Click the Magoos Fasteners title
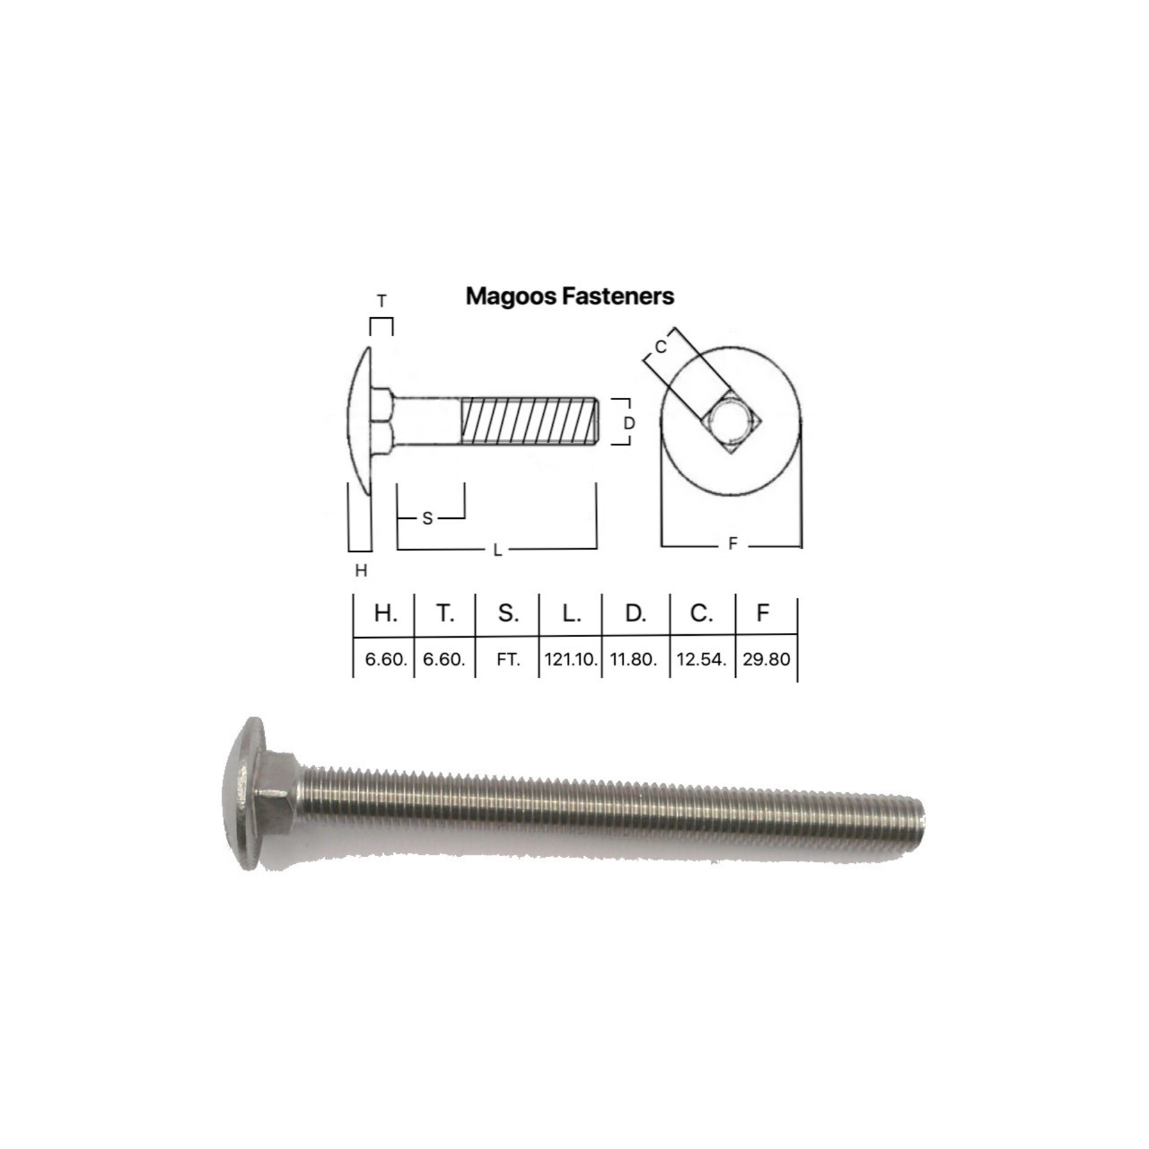pyautogui.click(x=570, y=296)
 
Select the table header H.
pyautogui.click(x=385, y=613)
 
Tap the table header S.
pyautogui.click(x=508, y=613)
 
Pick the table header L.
pyautogui.click(x=571, y=613)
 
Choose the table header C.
pyautogui.click(x=700, y=613)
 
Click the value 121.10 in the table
pyautogui.click(x=570, y=659)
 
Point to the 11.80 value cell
pyautogui.click(x=633, y=659)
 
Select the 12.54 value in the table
pyautogui.click(x=701, y=659)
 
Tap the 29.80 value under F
pyautogui.click(x=766, y=659)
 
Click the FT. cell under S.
pyautogui.click(x=508, y=659)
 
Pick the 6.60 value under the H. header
pyautogui.click(x=385, y=659)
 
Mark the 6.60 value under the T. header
pyautogui.click(x=444, y=659)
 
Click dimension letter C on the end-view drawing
pyautogui.click(x=661, y=346)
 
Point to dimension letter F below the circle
pyautogui.click(x=732, y=544)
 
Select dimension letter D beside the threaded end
pyautogui.click(x=629, y=423)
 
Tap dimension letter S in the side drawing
pyautogui.click(x=427, y=518)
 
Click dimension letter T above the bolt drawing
pyautogui.click(x=381, y=301)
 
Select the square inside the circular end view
pyautogui.click(x=732, y=421)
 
